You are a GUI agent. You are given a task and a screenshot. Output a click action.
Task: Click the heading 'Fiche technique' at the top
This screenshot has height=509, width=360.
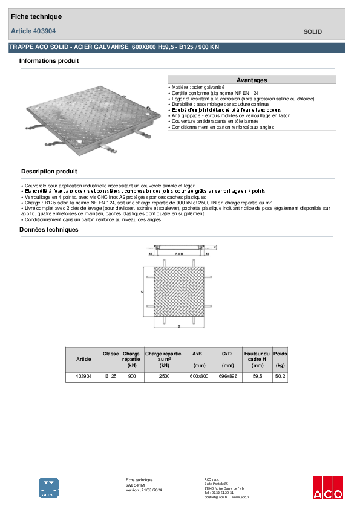(x=36, y=17)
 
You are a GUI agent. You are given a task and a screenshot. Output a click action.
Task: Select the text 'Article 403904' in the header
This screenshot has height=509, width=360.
(x=33, y=31)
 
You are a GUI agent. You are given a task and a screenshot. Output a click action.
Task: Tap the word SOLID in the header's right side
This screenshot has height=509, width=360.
(x=312, y=31)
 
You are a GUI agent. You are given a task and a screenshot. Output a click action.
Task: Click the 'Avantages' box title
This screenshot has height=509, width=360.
(x=252, y=80)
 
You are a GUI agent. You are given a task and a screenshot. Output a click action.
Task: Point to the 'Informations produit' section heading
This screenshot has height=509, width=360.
(x=49, y=61)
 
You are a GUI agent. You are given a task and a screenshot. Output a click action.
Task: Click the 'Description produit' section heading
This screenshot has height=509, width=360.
(x=49, y=172)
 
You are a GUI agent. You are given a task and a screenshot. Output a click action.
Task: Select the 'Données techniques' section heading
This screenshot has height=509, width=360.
(x=49, y=230)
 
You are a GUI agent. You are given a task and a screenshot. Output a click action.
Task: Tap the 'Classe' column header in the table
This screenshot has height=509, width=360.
(x=111, y=354)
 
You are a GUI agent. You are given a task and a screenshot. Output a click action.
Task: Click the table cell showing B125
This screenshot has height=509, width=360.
(x=111, y=377)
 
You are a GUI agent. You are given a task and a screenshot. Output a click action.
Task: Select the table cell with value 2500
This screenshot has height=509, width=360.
(x=164, y=377)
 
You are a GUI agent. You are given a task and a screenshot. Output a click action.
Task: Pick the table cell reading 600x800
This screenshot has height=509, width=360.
(x=198, y=377)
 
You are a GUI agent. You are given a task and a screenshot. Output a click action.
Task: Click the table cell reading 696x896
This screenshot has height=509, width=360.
(x=227, y=377)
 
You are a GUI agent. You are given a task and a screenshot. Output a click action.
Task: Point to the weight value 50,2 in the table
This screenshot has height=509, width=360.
(x=280, y=377)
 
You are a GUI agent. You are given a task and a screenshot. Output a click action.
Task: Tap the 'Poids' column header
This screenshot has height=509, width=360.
(x=280, y=354)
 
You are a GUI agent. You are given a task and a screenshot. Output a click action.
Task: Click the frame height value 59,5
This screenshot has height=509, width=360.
(x=257, y=377)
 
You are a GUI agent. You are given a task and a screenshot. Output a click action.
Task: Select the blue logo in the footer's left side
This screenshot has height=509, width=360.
(x=49, y=487)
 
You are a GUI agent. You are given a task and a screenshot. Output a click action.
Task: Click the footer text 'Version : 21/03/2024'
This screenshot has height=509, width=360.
(x=144, y=490)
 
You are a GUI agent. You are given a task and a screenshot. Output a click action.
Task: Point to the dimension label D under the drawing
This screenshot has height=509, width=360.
(x=179, y=326)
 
